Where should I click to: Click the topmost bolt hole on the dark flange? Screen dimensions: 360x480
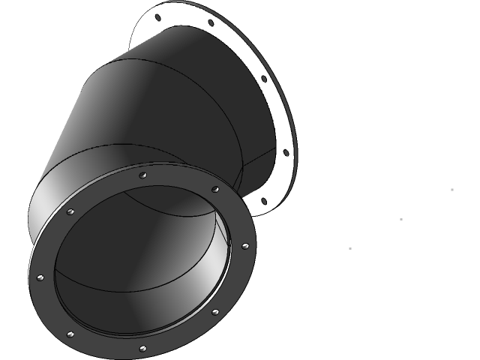(143, 175)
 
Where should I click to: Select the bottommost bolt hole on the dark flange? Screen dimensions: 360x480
(142, 348)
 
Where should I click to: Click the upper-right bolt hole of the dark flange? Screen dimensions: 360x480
(216, 189)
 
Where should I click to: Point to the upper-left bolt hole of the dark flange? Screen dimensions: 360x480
(70, 213)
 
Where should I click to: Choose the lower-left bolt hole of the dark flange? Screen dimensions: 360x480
(70, 334)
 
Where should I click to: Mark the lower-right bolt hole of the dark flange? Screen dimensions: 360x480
(215, 311)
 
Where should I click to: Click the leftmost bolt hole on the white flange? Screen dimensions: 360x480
(159, 16)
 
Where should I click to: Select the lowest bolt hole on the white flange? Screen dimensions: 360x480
(262, 201)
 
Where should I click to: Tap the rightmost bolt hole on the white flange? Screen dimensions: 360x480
(285, 153)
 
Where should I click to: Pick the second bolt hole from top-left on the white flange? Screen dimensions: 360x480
(210, 23)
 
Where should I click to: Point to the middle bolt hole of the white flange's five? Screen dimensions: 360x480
(263, 78)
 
